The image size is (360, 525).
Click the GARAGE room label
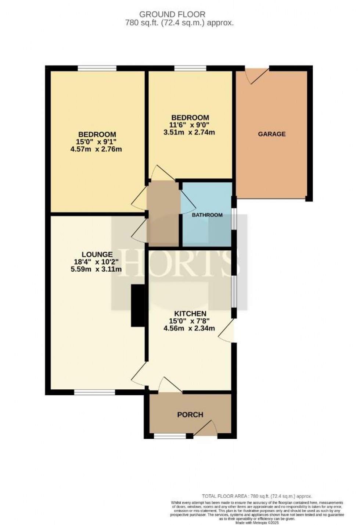[x=271, y=134]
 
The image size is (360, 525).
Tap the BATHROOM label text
[x=207, y=215]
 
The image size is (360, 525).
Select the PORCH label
[x=190, y=415]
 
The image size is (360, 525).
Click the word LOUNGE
[x=97, y=254]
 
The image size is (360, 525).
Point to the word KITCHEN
[x=190, y=314]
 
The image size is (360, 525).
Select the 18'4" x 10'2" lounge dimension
[x=97, y=262]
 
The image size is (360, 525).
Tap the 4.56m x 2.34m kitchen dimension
[x=189, y=328]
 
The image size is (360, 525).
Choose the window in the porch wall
[x=170, y=436]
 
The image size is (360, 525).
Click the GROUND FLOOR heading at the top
[x=172, y=14]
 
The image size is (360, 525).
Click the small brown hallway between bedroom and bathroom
[x=163, y=213]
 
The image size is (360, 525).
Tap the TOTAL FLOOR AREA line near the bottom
[x=257, y=496]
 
